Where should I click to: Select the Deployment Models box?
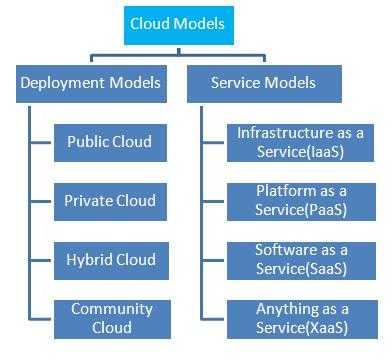tap(90, 83)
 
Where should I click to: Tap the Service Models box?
tap(264, 83)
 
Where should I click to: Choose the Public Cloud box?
tap(109, 141)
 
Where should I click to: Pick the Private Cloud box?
tap(109, 200)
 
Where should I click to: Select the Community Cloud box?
tap(109, 317)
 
